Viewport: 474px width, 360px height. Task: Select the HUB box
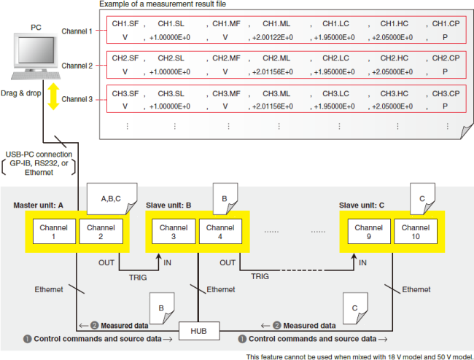click(x=198, y=330)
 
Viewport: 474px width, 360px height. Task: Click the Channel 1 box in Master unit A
click(x=53, y=232)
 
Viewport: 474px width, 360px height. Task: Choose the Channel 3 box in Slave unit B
click(x=173, y=232)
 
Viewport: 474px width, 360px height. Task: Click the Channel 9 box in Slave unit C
click(x=368, y=232)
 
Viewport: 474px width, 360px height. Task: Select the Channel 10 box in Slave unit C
click(x=414, y=232)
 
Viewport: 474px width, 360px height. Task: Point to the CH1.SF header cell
click(x=125, y=24)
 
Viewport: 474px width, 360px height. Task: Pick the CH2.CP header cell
click(x=445, y=58)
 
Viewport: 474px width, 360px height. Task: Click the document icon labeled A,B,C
click(x=109, y=198)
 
